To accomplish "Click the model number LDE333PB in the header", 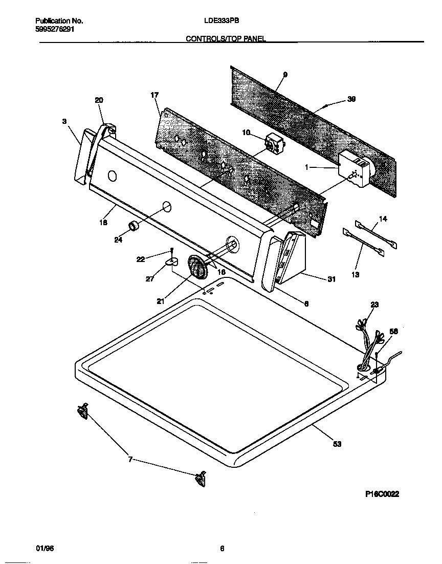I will click(x=222, y=21).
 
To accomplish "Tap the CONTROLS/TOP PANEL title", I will click(x=225, y=38).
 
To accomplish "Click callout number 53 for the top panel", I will click(x=337, y=444).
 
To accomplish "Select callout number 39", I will click(x=351, y=99).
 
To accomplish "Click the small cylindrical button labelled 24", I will click(x=134, y=226).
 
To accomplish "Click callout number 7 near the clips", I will click(x=130, y=460).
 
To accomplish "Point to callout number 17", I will click(x=154, y=95).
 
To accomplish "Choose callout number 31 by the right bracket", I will click(x=331, y=278).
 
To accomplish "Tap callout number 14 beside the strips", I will click(x=383, y=219).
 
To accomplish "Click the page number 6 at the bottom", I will click(x=222, y=549).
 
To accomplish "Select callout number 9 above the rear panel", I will click(x=285, y=75).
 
